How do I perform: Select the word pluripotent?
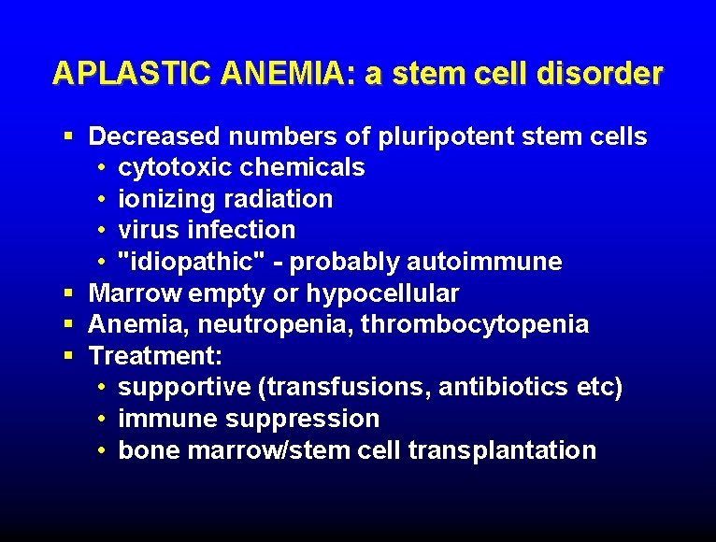[447, 137]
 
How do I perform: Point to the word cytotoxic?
[175, 168]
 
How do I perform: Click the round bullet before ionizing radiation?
[100, 199]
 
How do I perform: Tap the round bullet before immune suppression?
[100, 419]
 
